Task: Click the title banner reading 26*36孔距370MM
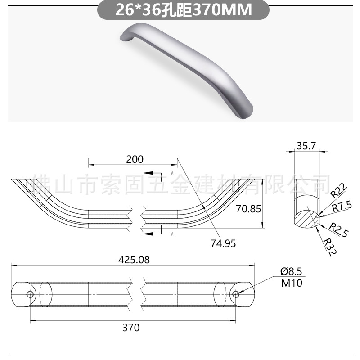[x=183, y=10]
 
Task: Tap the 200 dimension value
[x=135, y=159]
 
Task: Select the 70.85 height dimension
[x=248, y=209]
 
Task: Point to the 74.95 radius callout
[x=223, y=243]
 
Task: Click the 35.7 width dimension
[x=306, y=146]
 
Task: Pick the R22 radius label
[x=339, y=191]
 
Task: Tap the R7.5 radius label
[x=342, y=207]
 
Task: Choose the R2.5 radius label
[x=339, y=229]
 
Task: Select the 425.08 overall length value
[x=134, y=260]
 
